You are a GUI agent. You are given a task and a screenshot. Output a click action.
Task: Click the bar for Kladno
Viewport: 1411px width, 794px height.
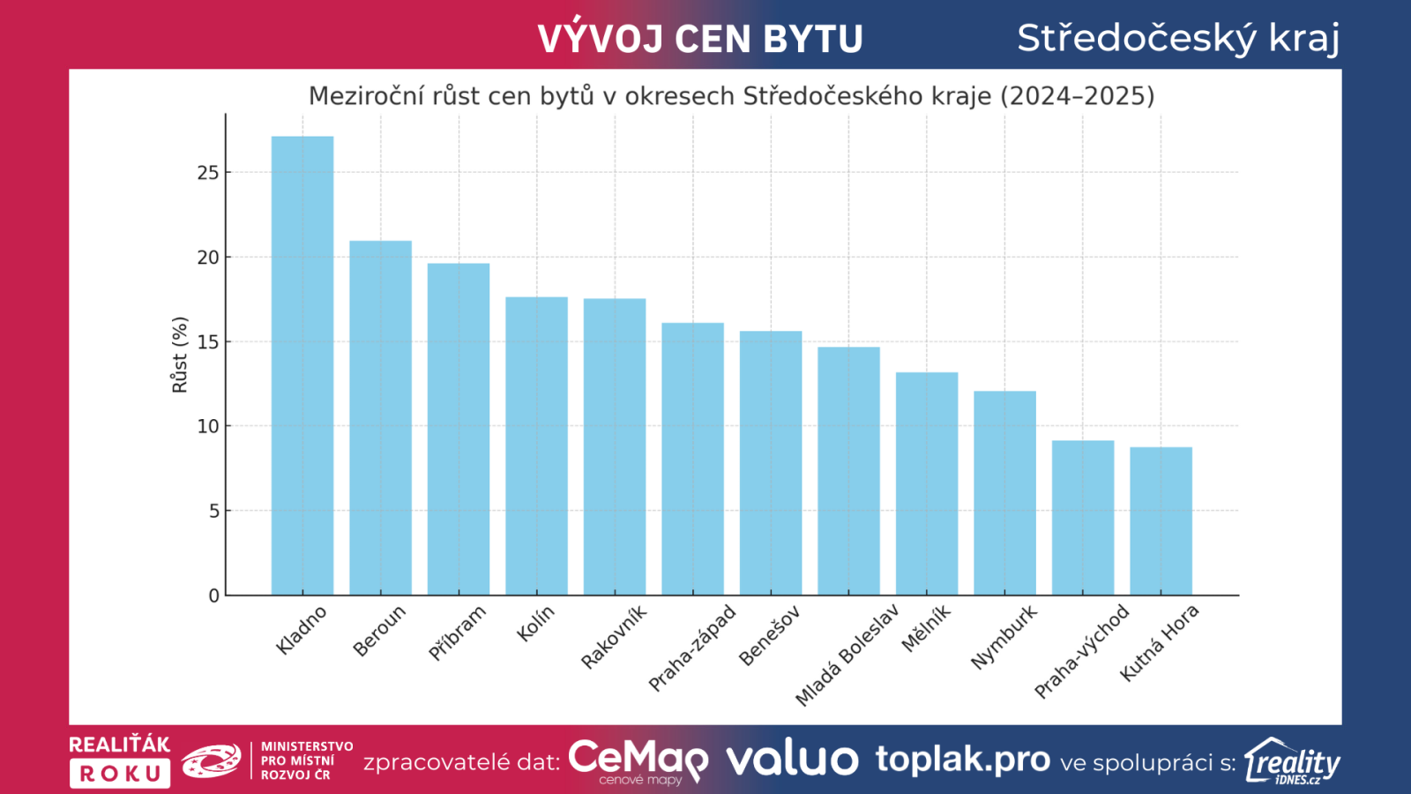pyautogui.click(x=302, y=366)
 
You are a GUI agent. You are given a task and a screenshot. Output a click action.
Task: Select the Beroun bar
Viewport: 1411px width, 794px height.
pyautogui.click(x=380, y=418)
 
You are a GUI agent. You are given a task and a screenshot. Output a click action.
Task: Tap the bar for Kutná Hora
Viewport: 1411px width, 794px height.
pyautogui.click(x=1161, y=521)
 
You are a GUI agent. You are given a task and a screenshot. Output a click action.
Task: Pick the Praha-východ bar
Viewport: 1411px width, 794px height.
pyautogui.click(x=1083, y=518)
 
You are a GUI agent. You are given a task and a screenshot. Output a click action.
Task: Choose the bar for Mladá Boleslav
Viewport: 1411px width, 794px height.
pyautogui.click(x=848, y=471)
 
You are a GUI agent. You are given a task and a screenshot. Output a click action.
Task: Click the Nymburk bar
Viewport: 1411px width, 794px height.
pyautogui.click(x=1004, y=493)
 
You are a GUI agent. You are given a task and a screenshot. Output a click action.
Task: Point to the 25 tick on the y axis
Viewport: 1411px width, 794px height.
pyautogui.click(x=208, y=173)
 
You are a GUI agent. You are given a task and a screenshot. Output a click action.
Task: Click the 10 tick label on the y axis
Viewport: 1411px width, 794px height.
pyautogui.click(x=208, y=426)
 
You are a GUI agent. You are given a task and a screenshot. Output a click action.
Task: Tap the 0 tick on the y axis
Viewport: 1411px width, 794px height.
pyautogui.click(x=213, y=595)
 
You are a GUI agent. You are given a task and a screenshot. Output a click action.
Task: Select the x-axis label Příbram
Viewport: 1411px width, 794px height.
pyautogui.click(x=457, y=633)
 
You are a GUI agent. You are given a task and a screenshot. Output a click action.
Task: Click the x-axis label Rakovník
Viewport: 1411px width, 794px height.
pyautogui.click(x=614, y=636)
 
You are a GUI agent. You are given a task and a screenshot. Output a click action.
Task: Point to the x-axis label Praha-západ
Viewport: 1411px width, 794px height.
pyautogui.click(x=692, y=648)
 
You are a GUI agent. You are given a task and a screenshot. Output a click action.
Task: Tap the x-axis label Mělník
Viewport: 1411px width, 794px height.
pyautogui.click(x=926, y=628)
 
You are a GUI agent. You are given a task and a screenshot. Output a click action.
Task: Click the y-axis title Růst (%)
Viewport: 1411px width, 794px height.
pyautogui.click(x=180, y=355)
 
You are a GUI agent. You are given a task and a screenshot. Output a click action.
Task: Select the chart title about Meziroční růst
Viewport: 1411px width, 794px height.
pyautogui.click(x=731, y=95)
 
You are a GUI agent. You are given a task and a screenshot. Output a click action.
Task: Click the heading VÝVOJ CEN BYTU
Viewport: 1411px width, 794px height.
pyautogui.click(x=700, y=39)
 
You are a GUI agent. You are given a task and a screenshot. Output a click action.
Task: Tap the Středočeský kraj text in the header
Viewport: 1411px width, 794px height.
pyautogui.click(x=1178, y=38)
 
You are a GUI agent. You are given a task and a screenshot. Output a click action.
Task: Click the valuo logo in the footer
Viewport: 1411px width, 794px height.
pyautogui.click(x=792, y=760)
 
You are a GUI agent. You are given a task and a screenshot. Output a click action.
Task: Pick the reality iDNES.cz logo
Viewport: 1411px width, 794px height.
pyautogui.click(x=1292, y=761)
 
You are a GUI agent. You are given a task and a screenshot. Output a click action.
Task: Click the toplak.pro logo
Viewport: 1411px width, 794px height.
pyautogui.click(x=962, y=760)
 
